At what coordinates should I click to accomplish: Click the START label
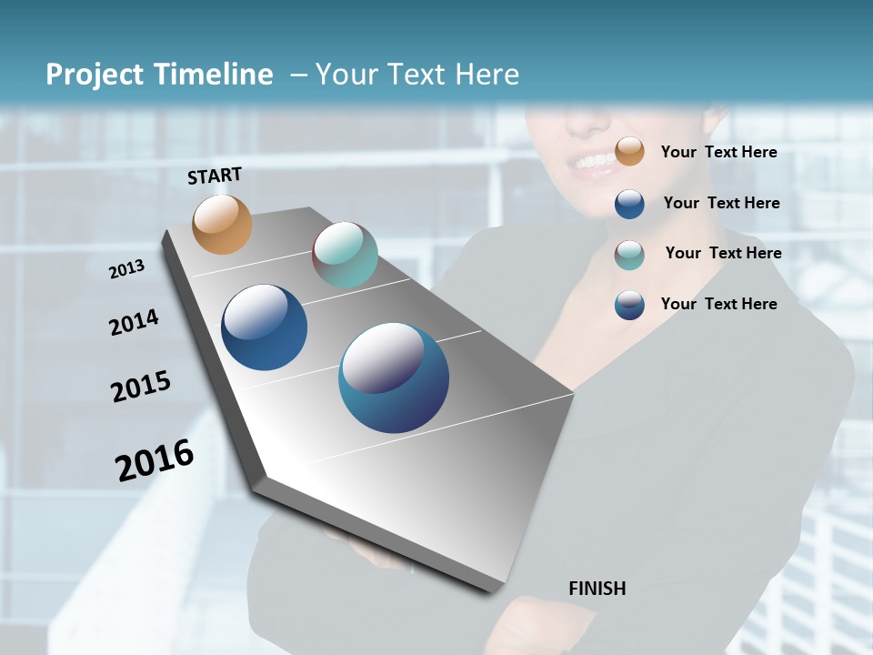pos(215,176)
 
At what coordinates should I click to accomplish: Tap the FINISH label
pos(597,589)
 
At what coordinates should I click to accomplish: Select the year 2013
pos(126,268)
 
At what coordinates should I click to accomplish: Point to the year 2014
pos(134,323)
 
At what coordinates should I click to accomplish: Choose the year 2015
pos(141,387)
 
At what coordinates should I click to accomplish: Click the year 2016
pos(155,460)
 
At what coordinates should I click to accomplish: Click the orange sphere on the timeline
pos(223,225)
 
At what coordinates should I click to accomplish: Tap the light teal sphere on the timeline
pos(345,255)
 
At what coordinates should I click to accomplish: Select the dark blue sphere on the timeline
pos(264,327)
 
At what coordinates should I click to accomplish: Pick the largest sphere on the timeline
pos(394,378)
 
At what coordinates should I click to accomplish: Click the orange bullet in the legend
pos(629,152)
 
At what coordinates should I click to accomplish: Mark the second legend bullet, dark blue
pos(629,204)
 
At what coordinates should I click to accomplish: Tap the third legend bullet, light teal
pos(629,254)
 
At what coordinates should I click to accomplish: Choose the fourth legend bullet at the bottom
pos(629,305)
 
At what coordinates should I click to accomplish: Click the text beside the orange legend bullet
pos(718,152)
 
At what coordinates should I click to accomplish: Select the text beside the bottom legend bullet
pos(718,304)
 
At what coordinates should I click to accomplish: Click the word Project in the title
pos(94,75)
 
